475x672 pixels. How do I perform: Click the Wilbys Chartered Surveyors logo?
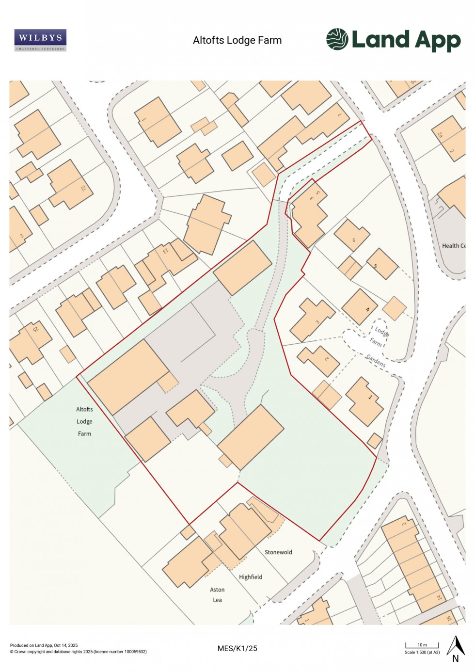[x=40, y=40]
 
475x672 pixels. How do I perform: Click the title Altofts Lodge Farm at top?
[x=237, y=40]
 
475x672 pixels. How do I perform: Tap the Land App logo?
[x=393, y=40]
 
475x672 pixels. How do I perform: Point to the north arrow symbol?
[x=455, y=648]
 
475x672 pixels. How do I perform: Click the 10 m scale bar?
[x=422, y=645]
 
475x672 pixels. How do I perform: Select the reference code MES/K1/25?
[x=237, y=648]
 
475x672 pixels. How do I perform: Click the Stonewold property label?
[x=278, y=552]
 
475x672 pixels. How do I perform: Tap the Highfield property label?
[x=251, y=577]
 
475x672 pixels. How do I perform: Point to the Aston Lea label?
[x=217, y=595]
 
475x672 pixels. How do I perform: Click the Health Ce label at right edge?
[x=453, y=246]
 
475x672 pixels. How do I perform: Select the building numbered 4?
[x=367, y=309]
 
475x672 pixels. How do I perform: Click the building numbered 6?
[x=354, y=240]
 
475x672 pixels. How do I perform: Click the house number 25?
[x=35, y=329]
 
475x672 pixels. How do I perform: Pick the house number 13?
[x=165, y=251]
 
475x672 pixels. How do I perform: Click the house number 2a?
[x=440, y=134]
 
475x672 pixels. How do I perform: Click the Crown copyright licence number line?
[x=78, y=652]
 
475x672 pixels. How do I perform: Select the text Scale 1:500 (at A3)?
[x=422, y=652]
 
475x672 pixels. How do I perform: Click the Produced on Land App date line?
[x=44, y=645]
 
